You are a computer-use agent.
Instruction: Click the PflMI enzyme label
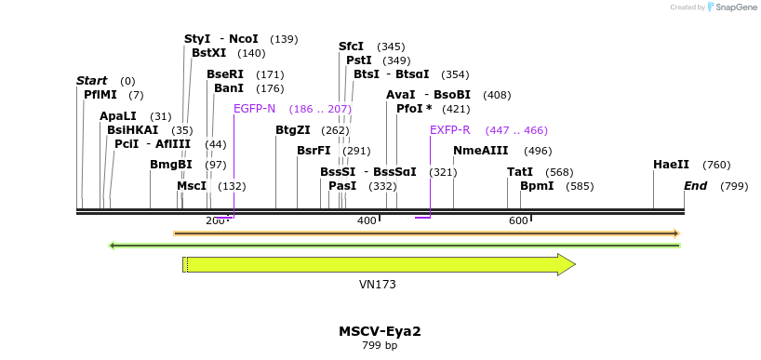100,95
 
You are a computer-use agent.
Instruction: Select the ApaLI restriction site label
118,116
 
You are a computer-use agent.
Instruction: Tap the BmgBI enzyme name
171,165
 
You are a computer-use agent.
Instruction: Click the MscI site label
192,186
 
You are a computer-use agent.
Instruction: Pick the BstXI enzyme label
209,53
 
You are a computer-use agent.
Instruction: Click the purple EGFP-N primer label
254,109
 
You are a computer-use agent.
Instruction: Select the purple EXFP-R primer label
449,130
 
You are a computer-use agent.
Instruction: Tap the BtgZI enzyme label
293,130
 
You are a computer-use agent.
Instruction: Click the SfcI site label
351,47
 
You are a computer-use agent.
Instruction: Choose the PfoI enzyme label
409,109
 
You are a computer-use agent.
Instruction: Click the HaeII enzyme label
671,165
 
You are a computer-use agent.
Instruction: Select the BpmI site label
537,186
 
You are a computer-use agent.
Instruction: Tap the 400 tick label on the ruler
367,220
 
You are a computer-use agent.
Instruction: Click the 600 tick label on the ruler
518,220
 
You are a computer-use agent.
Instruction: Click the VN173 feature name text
378,284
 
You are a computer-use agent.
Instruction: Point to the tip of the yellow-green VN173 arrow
575,265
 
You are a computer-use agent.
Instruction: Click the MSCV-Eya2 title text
380,330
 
